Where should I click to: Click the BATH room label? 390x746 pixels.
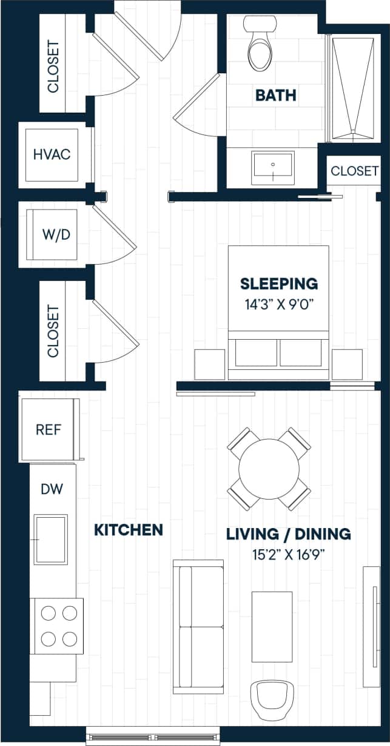[275, 95]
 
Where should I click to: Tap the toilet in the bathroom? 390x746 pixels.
[260, 45]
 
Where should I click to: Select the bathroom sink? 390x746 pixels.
[273, 168]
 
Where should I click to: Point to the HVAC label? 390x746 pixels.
[52, 154]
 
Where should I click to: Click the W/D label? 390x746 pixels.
[52, 234]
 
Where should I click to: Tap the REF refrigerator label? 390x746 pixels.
[49, 429]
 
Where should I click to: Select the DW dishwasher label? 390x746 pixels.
[51, 489]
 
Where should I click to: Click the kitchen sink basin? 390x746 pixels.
[51, 538]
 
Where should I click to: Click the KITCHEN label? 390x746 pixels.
[129, 530]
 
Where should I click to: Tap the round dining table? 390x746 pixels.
[269, 469]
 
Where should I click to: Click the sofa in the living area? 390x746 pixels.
[199, 626]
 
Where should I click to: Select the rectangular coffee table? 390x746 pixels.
[272, 626]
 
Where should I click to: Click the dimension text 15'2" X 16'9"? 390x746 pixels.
[288, 553]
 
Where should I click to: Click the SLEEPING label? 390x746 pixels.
[278, 283]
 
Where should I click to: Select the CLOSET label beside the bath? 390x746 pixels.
[354, 171]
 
